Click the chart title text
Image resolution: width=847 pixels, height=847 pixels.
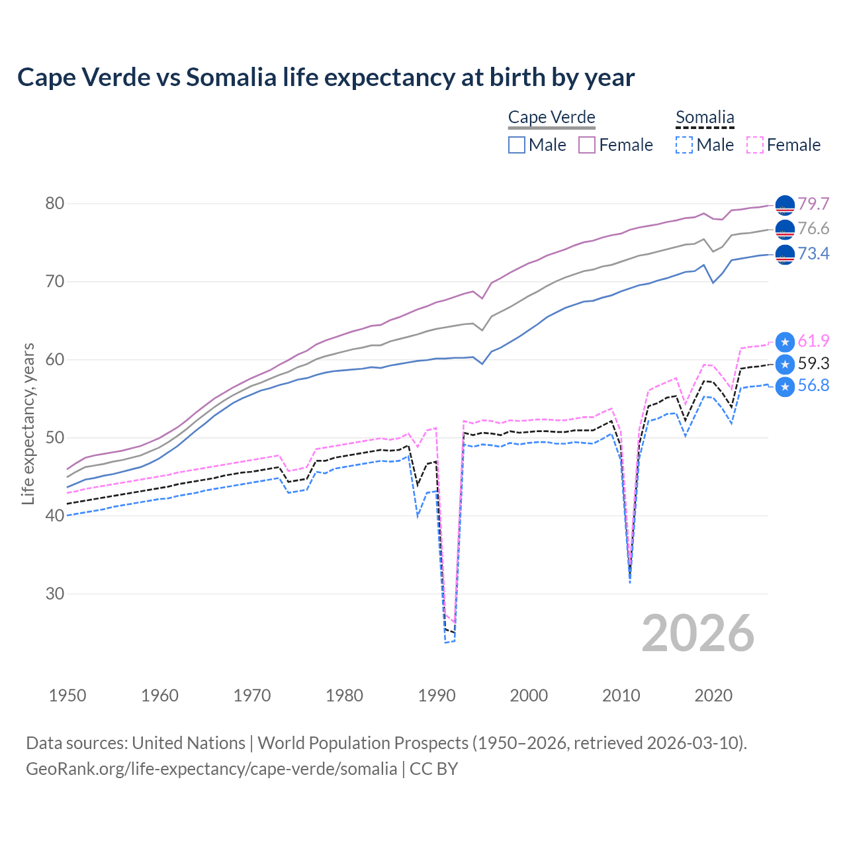point(326,77)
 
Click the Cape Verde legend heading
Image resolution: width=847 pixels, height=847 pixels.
point(551,117)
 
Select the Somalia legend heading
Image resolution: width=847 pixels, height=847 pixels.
point(705,117)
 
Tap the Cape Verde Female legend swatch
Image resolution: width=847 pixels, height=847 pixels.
point(588,145)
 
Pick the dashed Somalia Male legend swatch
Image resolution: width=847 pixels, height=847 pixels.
point(684,145)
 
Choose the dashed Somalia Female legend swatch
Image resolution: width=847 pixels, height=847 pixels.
point(755,145)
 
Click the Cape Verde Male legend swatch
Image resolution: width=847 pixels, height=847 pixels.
point(517,145)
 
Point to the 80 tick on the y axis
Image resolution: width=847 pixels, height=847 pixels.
point(55,203)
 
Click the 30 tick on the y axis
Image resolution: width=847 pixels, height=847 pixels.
point(55,594)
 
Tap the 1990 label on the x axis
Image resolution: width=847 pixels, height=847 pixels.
point(437,695)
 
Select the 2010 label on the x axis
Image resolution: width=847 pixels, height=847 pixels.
point(621,695)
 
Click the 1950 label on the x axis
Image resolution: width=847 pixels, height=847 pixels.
point(67,695)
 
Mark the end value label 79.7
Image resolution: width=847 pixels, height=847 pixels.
point(813,204)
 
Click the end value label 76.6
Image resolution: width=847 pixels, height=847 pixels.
point(813,229)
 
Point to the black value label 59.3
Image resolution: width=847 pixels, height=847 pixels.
point(813,363)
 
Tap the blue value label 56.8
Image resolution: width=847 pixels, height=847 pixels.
point(813,386)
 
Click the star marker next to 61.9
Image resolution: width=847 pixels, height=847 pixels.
point(785,341)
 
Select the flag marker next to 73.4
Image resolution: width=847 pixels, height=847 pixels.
point(785,254)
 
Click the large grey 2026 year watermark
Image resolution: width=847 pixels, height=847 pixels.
point(697,633)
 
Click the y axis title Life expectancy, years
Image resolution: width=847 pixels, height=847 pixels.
point(28,423)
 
